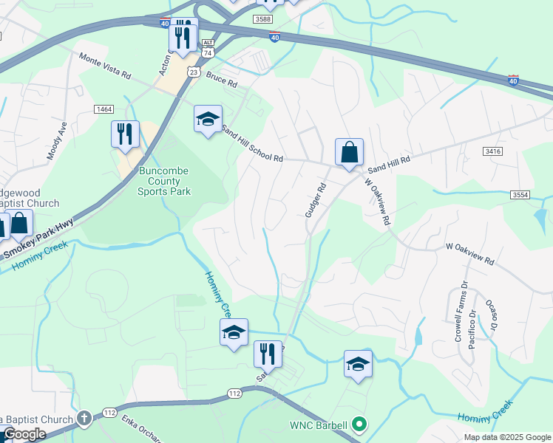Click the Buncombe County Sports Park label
click(164, 181)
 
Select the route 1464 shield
click(104, 109)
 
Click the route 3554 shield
click(520, 194)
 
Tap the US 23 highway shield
click(193, 71)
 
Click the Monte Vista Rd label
click(105, 65)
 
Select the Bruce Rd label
click(222, 79)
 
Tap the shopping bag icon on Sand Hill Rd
click(349, 153)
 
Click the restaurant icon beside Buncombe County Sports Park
click(124, 134)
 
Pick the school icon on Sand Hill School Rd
click(208, 118)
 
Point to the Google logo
click(25, 434)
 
